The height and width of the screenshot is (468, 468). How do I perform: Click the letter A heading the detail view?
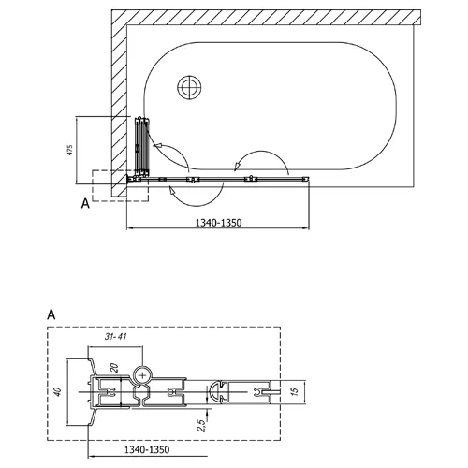pyautogui.click(x=50, y=316)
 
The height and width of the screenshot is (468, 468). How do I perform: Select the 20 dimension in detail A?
pyautogui.click(x=113, y=368)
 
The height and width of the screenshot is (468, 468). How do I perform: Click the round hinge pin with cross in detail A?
pyautogui.click(x=142, y=374)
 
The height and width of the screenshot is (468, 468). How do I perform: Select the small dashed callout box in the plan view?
pyautogui.click(x=120, y=185)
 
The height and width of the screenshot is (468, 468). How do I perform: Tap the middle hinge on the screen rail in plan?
pyautogui.click(x=194, y=178)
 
